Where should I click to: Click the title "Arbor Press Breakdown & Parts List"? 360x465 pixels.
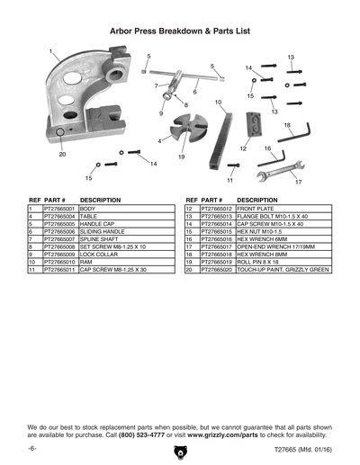click(179, 30)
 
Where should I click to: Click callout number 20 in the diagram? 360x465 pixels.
click(62, 155)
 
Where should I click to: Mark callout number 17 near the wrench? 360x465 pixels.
click(298, 181)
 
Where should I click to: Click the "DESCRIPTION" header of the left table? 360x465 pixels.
click(101, 200)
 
